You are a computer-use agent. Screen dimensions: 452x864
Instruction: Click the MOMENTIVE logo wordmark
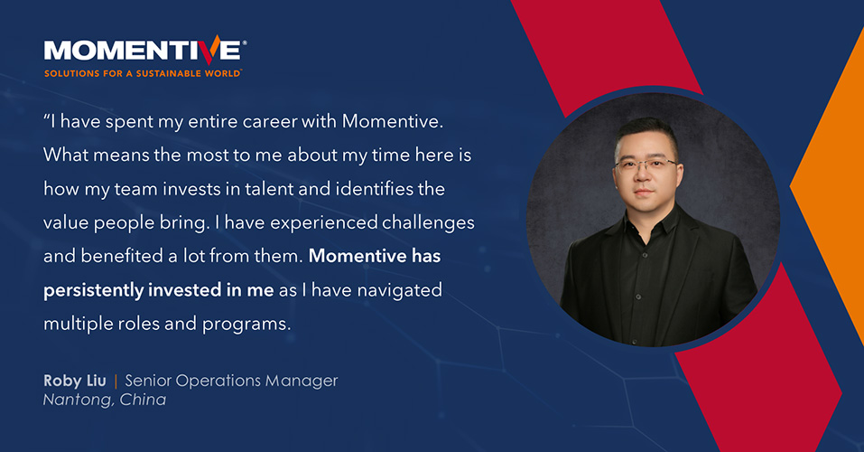tap(143, 50)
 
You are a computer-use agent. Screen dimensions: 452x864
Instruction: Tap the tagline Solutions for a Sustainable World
tap(142, 73)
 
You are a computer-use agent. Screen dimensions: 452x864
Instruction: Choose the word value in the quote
tap(68, 221)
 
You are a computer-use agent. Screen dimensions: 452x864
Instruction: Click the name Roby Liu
tap(74, 381)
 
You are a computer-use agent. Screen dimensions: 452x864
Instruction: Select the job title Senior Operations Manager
tap(231, 381)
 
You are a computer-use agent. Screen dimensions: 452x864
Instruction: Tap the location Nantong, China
tap(105, 400)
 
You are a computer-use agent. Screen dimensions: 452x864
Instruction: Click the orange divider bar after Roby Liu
tap(116, 381)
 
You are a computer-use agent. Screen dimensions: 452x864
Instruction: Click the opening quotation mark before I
tap(47, 119)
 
